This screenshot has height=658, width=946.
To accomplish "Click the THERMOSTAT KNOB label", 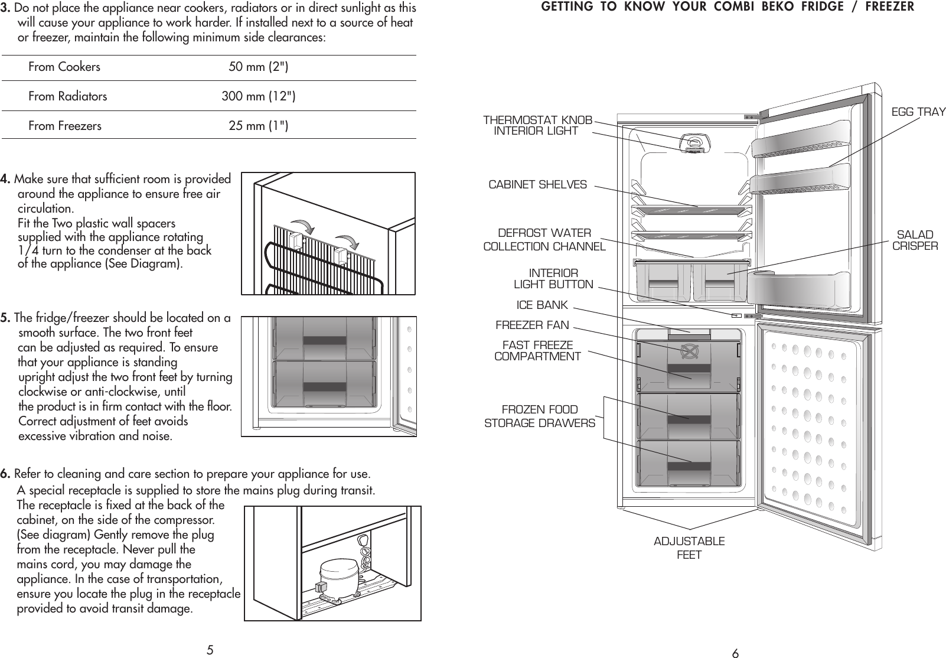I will coord(537,120).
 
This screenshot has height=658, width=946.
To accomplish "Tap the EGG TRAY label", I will coord(918,112).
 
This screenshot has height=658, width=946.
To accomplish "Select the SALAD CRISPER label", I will coord(915,240).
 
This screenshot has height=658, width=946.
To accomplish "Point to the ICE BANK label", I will coord(541,305).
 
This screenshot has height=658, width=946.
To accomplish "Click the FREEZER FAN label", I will coord(532,325).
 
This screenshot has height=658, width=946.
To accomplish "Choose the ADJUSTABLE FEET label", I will coord(689,548).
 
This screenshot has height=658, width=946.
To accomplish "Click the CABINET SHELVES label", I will coord(537,185).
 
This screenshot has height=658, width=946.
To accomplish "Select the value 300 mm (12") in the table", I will coord(259,96).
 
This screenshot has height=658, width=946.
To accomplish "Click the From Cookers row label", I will coord(64,67).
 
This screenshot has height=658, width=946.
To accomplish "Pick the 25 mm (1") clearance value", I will coord(259,126).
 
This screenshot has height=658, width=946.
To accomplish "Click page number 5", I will coord(210,651).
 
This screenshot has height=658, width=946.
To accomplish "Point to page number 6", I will coord(735,653).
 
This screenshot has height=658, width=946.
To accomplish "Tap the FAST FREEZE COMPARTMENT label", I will coord(537,351).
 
